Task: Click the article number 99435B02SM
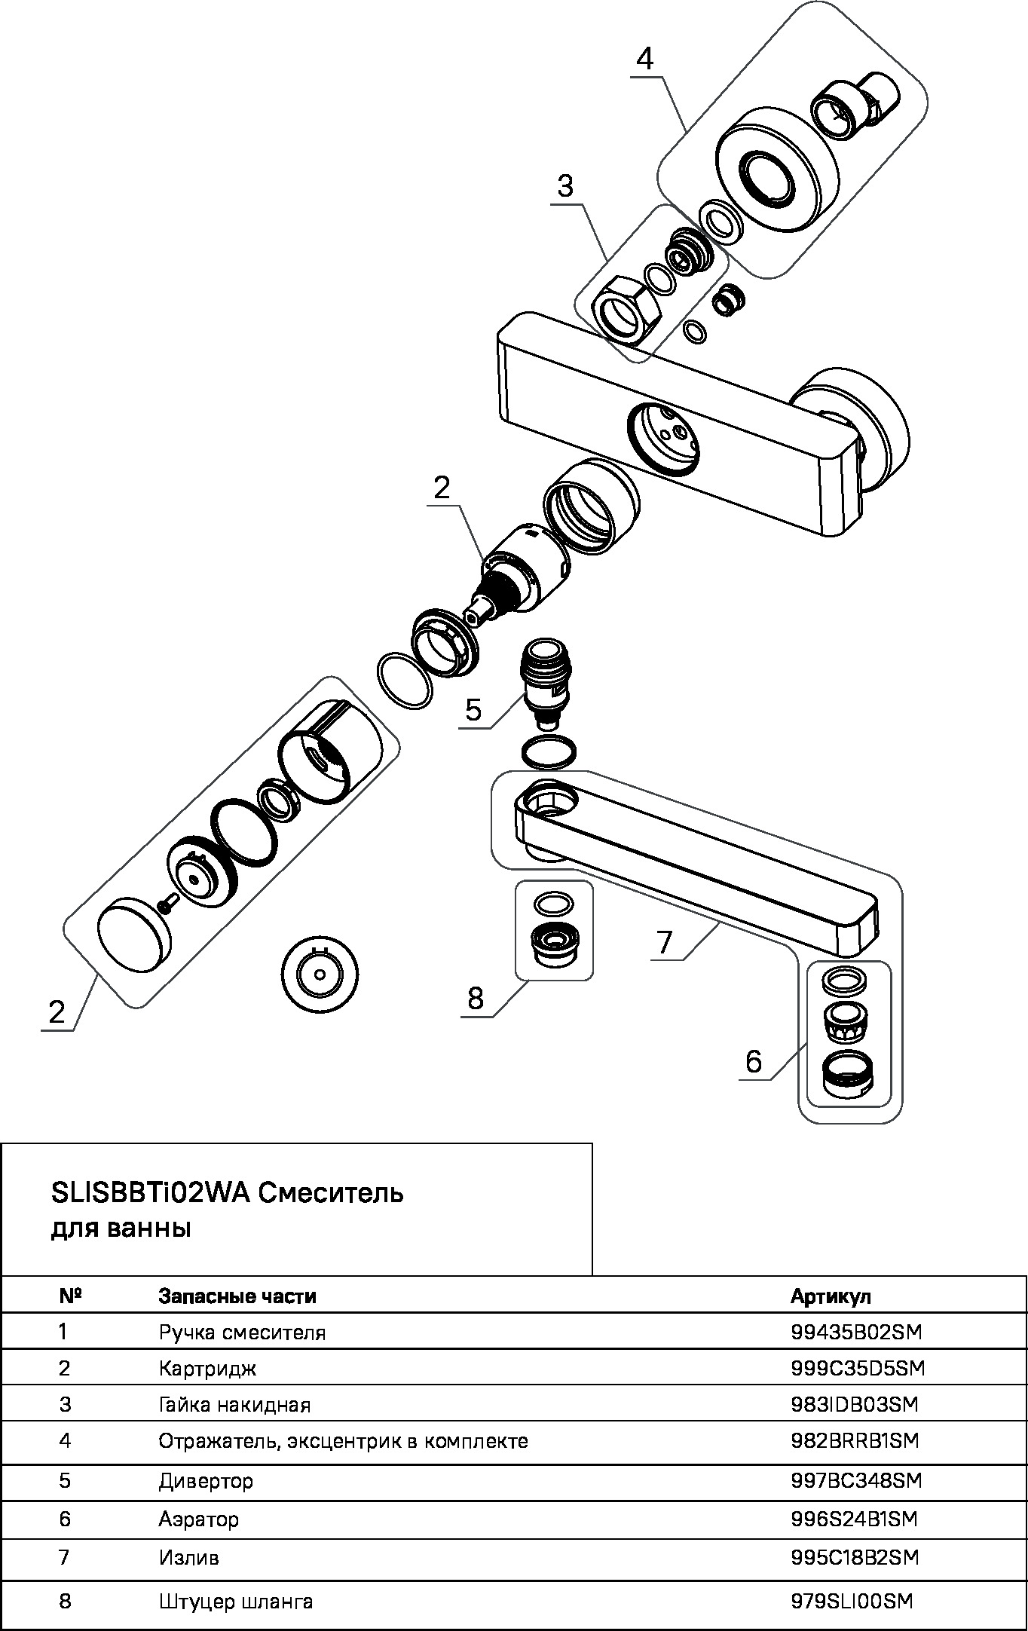click(x=855, y=1332)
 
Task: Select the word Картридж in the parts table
click(x=207, y=1368)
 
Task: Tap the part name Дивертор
click(x=205, y=1480)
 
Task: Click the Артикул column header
click(x=831, y=1296)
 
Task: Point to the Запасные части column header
click(x=237, y=1296)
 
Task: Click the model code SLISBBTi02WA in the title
click(x=150, y=1192)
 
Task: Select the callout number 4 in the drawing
click(x=644, y=59)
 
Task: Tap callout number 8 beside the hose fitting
click(x=475, y=999)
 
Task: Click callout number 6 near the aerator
click(x=754, y=1061)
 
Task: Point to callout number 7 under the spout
click(x=664, y=942)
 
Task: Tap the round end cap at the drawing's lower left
click(x=133, y=937)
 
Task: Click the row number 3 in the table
click(x=65, y=1404)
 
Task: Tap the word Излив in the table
click(x=188, y=1556)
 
